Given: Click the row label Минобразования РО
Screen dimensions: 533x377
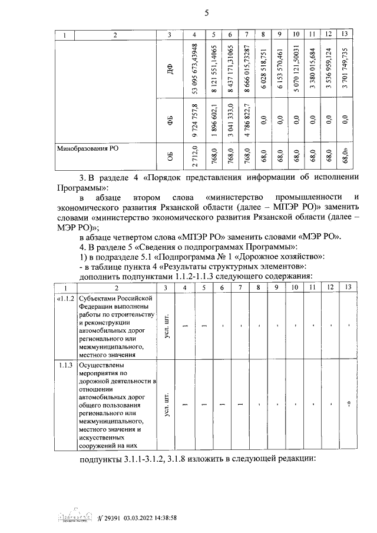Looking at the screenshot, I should click(87, 150).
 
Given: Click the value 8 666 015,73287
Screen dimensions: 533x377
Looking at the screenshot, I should click(247, 68).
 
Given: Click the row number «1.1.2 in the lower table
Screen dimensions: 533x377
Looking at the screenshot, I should click(65, 299).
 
